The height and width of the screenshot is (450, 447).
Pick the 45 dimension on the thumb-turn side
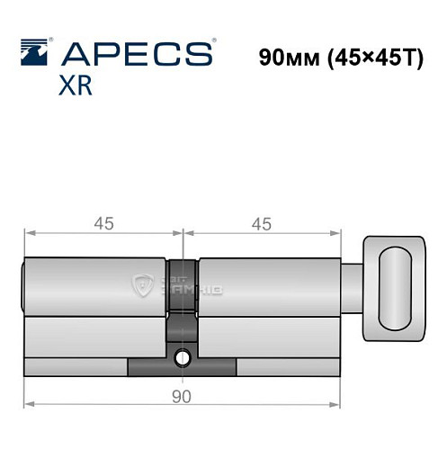[x=262, y=224]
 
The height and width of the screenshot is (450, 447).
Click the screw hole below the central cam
[x=183, y=358]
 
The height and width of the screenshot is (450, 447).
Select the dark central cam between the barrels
[x=183, y=297]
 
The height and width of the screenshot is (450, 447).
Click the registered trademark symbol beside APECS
[x=213, y=41]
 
